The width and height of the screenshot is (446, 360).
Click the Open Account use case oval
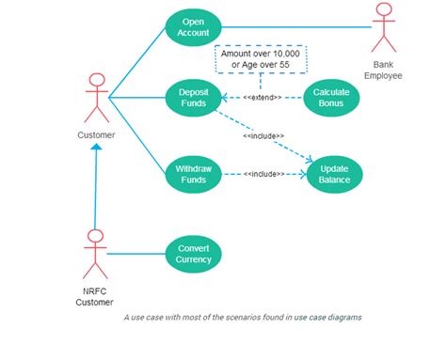coord(193,27)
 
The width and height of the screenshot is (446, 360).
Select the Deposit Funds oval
coord(193,97)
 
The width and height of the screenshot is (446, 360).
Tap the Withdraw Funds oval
coord(193,174)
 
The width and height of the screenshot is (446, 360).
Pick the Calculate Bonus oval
coord(332,97)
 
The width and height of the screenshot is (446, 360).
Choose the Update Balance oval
coord(334,174)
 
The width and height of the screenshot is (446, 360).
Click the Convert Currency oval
coord(193,253)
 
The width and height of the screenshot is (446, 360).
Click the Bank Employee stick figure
coord(383,28)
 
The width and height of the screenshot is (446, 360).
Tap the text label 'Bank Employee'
coord(383,70)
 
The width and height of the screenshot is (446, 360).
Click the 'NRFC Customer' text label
coord(95,296)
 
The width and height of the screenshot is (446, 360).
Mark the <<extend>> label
coord(263,98)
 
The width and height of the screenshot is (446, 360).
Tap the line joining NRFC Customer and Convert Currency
coord(136,253)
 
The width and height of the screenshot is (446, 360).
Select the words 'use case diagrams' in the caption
coord(327,318)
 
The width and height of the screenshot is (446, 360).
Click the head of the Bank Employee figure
coord(383,10)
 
